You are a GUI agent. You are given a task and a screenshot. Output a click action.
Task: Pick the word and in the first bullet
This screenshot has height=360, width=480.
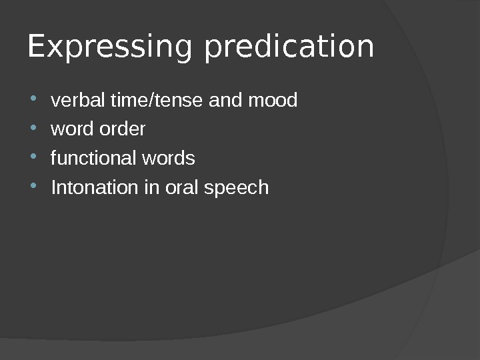tap(221, 101)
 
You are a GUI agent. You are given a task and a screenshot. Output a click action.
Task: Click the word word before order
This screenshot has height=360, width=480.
tap(68, 129)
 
